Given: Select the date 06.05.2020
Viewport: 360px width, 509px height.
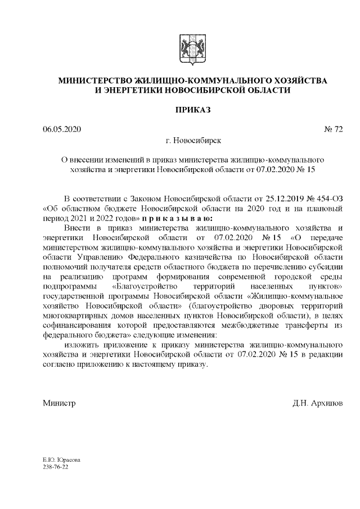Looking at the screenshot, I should click(x=62, y=130).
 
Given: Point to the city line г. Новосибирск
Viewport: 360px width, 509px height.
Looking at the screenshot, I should click(x=192, y=141).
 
